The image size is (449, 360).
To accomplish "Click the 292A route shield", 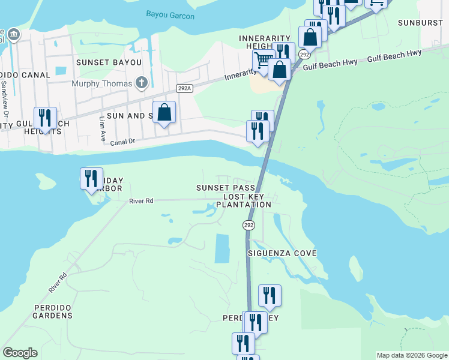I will pyautogui.click(x=184, y=88).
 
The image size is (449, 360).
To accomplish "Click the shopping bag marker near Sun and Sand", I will pyautogui.click(x=164, y=112).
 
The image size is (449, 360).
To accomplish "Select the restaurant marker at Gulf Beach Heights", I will pyautogui.click(x=45, y=118).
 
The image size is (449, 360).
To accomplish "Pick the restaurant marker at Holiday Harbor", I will pyautogui.click(x=91, y=178).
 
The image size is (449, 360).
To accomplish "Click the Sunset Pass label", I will pyautogui.click(x=221, y=188).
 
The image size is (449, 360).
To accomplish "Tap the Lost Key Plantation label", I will pyautogui.click(x=247, y=200).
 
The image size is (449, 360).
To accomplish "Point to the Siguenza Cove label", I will pyautogui.click(x=282, y=253).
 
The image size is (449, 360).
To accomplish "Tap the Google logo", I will pyautogui.click(x=20, y=353).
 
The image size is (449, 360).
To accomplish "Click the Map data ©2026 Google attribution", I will pyautogui.click(x=412, y=355).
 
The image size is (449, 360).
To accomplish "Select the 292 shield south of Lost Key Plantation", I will pyautogui.click(x=249, y=224).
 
